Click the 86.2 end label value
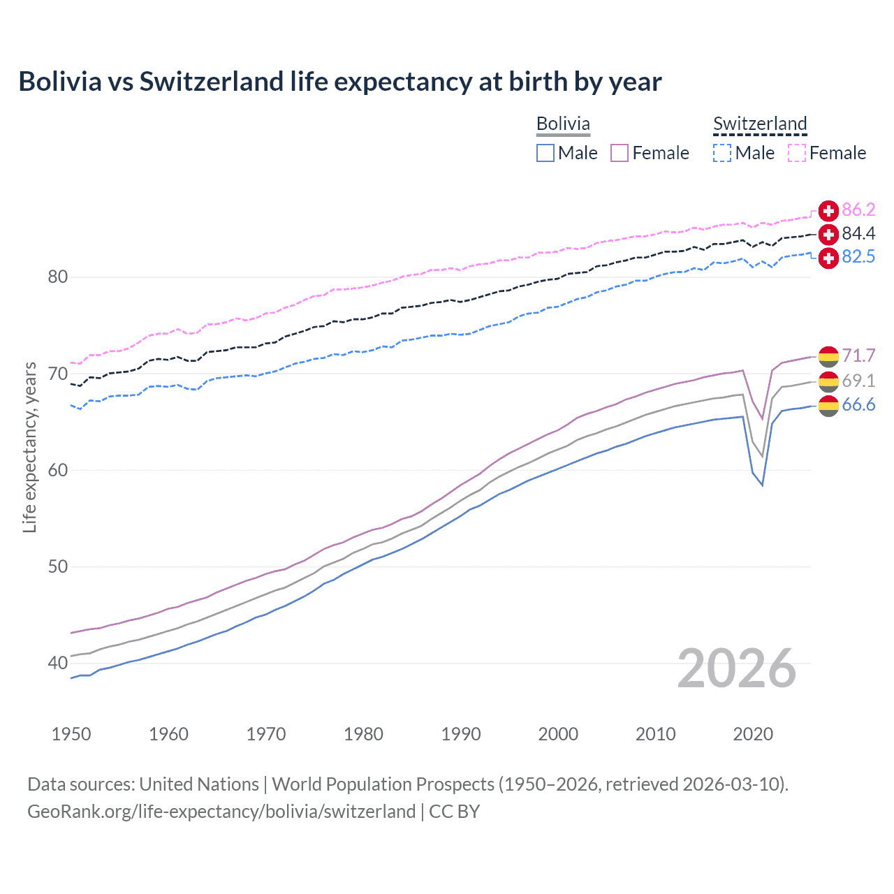[x=858, y=210]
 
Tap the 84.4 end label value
[x=858, y=234]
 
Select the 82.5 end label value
[x=858, y=257]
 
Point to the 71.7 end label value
[x=858, y=356]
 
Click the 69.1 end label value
[x=858, y=381]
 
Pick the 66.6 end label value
[x=858, y=405]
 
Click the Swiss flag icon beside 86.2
[x=828, y=210]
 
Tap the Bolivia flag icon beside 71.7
[x=828, y=356]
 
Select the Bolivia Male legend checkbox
[x=545, y=153]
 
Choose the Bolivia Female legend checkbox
[x=620, y=153]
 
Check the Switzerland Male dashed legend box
[x=722, y=153]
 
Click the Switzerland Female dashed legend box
[x=797, y=153]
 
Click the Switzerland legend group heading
[x=760, y=124]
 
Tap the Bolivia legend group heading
[x=563, y=124]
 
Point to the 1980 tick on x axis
[x=363, y=734]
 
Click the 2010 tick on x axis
[x=655, y=734]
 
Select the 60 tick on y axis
[x=58, y=470]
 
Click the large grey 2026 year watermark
[x=736, y=668]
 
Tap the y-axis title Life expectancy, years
[x=29, y=447]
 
